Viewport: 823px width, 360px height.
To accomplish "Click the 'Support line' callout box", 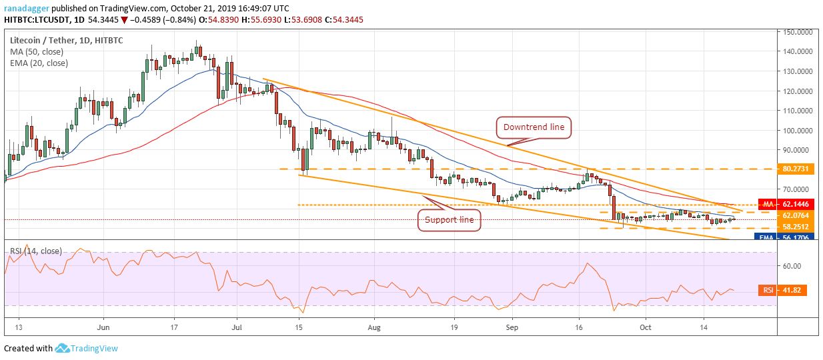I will (449, 219).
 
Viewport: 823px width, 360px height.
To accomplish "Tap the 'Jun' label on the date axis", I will (102, 328).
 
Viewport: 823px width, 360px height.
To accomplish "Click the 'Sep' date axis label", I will (512, 328).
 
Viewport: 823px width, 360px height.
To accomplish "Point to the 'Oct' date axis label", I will (645, 328).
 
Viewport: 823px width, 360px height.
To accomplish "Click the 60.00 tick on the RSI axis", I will (792, 265).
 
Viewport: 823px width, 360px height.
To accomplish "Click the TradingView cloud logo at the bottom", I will (63, 348).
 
